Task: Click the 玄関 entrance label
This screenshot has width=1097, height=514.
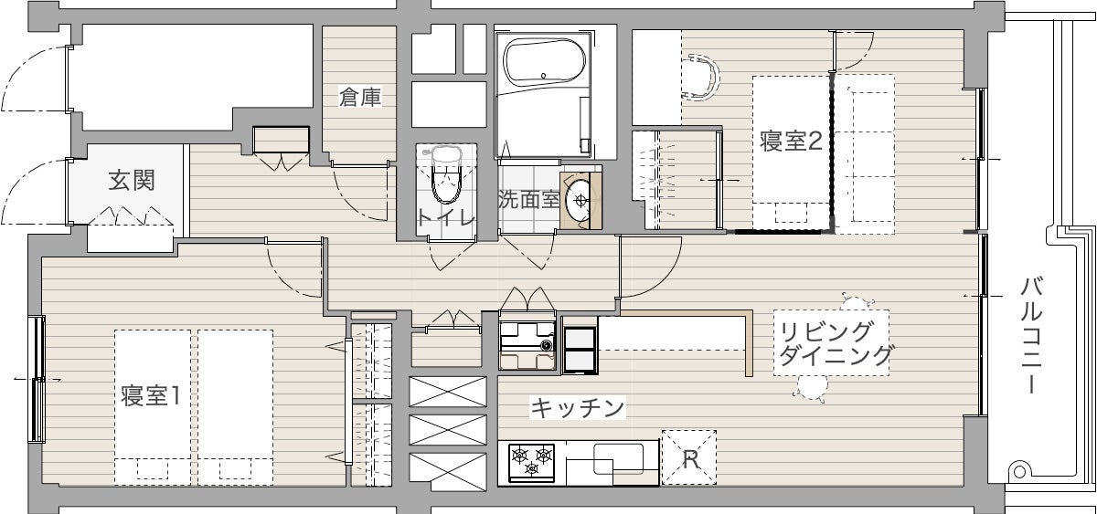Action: [132, 181]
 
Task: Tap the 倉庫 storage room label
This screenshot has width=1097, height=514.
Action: [360, 97]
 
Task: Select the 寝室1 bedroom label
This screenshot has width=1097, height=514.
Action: [150, 395]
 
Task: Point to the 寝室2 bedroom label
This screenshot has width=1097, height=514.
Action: [791, 141]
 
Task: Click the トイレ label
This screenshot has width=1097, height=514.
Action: [446, 216]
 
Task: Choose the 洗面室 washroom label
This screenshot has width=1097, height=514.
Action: [528, 200]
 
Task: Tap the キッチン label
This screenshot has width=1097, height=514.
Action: [578, 407]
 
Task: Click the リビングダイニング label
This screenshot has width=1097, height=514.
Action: [834, 344]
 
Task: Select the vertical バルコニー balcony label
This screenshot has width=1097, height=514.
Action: [1030, 335]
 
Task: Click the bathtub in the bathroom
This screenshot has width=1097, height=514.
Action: [544, 61]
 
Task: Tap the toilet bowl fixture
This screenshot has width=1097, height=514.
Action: [446, 175]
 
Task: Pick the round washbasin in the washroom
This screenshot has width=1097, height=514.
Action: [580, 200]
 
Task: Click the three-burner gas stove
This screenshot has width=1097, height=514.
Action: [532, 463]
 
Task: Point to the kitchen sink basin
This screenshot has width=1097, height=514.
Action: [618, 458]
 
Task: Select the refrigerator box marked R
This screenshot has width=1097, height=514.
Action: [689, 457]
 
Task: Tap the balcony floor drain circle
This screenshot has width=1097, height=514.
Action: [1019, 472]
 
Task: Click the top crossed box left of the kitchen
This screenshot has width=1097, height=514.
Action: [448, 392]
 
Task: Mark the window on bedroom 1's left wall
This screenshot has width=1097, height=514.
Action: [37, 379]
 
